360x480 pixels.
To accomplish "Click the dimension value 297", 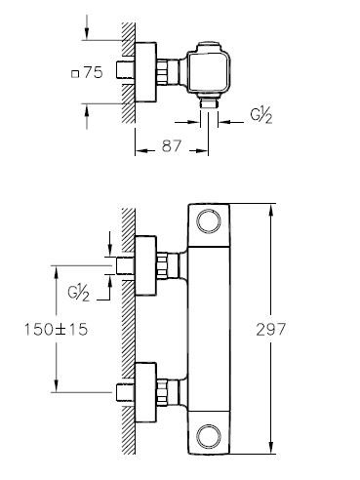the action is pos(270,330).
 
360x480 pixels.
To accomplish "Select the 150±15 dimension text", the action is pos(57,330).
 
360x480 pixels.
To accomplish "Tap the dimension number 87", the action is pos(171,145).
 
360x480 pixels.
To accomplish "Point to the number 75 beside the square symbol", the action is pos(93,72).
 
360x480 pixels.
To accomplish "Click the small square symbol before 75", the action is pos(75,74).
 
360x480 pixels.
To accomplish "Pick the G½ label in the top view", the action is pos(261,116).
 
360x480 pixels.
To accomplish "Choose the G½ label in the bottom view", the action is pos(79,293).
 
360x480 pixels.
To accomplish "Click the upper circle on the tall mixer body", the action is pos(209,221).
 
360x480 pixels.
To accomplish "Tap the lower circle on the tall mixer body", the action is pos(209,436).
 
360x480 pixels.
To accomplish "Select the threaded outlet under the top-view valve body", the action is pos(209,103).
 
